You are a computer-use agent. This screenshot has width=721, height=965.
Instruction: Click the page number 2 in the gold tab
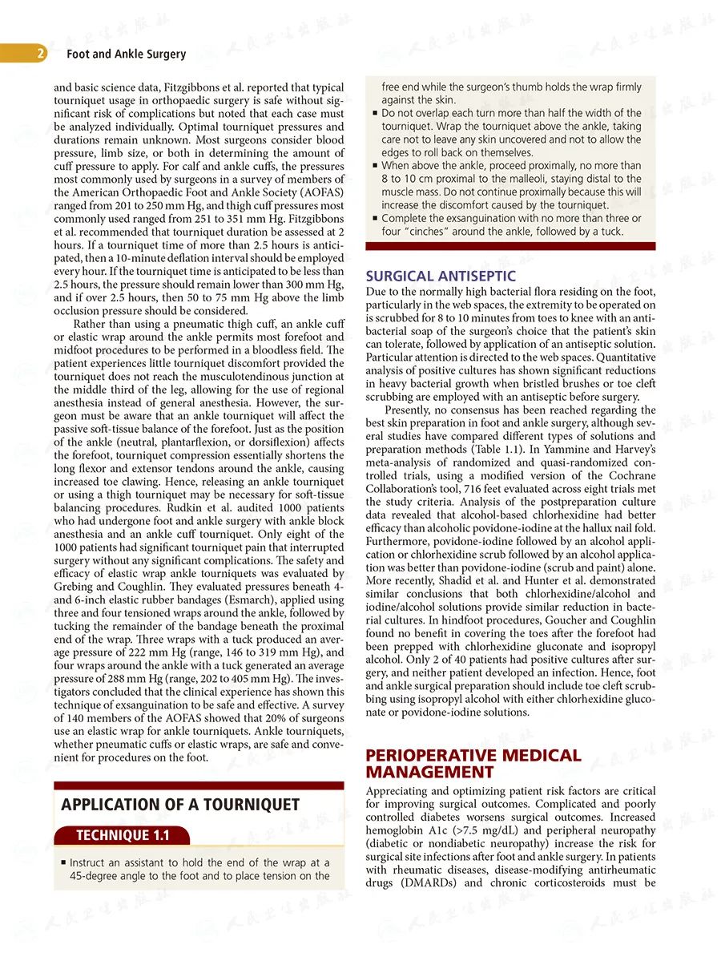[40, 55]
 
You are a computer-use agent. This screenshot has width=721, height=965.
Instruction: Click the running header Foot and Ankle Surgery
[126, 55]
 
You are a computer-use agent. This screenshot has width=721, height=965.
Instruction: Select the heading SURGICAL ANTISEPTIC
[441, 277]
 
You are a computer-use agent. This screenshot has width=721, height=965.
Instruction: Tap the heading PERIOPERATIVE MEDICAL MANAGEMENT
[473, 764]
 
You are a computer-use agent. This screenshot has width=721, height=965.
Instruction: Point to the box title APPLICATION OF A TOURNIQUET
[180, 805]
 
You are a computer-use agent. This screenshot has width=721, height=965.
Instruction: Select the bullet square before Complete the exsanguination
[375, 219]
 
